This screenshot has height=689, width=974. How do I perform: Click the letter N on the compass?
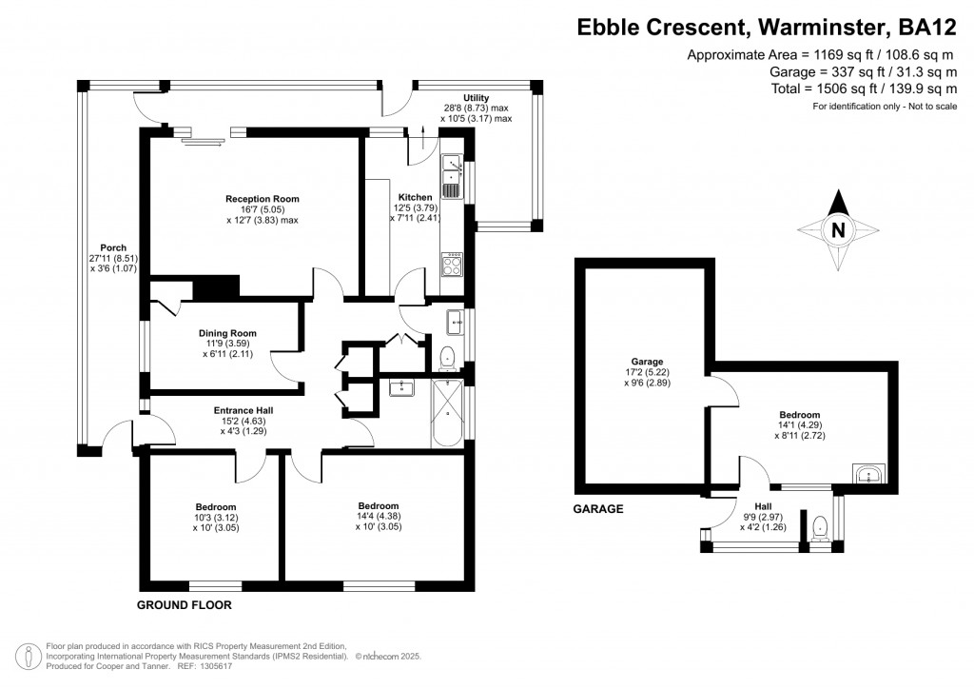click(838, 230)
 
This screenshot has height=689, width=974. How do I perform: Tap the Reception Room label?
click(263, 199)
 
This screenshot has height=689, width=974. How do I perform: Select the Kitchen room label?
click(415, 197)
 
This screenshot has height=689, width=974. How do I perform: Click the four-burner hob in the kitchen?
click(452, 265)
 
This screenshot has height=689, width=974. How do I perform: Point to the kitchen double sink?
click(452, 176)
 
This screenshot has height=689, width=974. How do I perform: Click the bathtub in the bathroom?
click(447, 412)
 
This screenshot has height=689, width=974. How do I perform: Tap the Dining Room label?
click(227, 333)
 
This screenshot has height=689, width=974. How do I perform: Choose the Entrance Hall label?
click(243, 410)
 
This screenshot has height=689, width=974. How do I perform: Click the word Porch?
click(113, 247)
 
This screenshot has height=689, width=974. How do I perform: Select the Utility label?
click(476, 97)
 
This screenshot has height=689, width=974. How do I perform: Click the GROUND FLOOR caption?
click(184, 605)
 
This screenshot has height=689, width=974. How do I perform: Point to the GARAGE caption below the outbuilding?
click(597, 509)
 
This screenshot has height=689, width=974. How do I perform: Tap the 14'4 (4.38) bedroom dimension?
click(379, 517)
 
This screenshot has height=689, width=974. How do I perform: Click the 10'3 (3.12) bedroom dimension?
click(216, 518)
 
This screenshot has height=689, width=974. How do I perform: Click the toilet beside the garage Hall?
click(820, 528)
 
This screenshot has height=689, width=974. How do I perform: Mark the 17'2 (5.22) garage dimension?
click(647, 372)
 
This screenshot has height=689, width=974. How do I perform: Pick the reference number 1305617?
click(214, 666)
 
